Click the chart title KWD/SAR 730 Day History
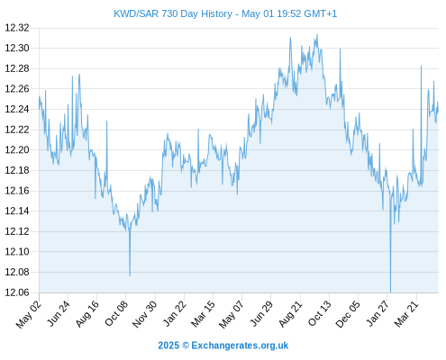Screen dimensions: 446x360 click(173, 13)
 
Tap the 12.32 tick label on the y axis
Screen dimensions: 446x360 click(17, 28)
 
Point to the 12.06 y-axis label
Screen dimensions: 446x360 click(17, 292)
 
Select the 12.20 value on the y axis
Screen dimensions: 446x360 click(17, 150)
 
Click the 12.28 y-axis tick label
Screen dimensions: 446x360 click(17, 68)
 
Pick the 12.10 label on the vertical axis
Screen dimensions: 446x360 click(17, 252)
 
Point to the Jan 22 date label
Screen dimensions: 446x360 click(174, 313)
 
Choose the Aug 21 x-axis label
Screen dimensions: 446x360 click(290, 313)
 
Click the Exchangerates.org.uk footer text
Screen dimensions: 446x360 click(240, 346)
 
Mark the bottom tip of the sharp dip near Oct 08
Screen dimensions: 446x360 click(130, 275)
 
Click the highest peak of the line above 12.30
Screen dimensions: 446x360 click(317, 35)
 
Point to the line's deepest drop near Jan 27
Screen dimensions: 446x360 click(390, 292)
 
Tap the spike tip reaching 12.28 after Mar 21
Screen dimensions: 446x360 click(421, 67)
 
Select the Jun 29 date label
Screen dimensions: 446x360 click(261, 313)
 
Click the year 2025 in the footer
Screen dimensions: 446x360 click(168, 346)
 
